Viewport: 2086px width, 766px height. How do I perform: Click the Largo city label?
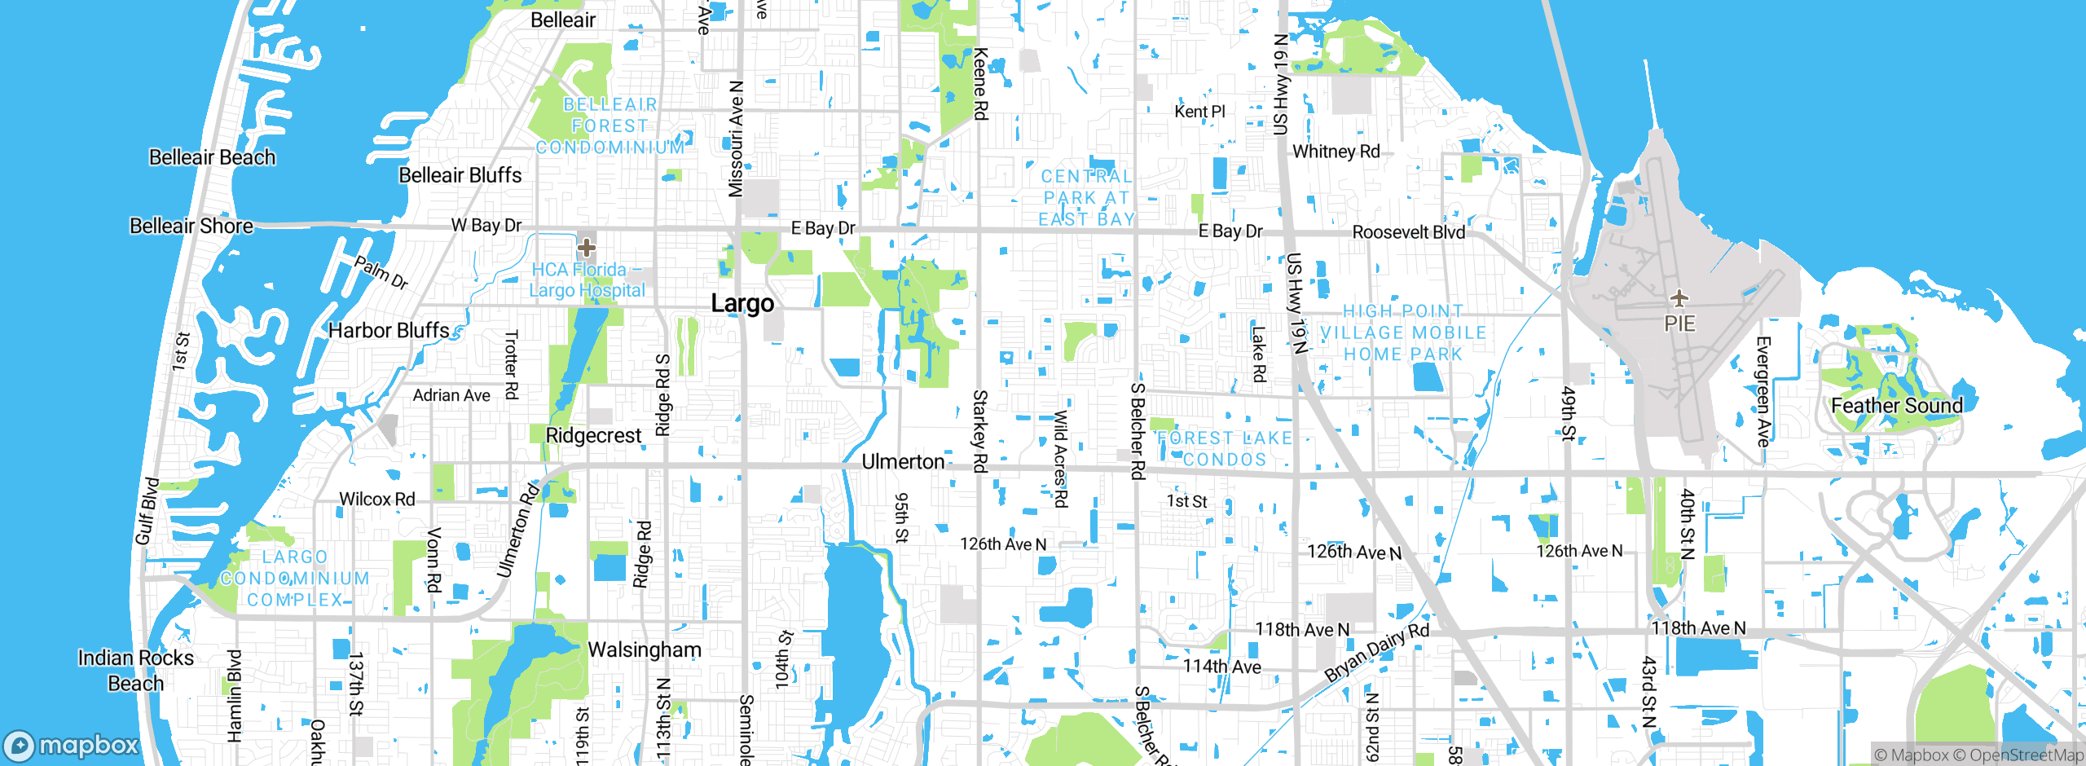click(x=742, y=304)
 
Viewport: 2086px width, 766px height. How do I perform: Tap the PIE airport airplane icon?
click(x=1679, y=298)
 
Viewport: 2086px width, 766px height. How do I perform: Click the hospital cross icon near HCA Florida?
click(x=586, y=248)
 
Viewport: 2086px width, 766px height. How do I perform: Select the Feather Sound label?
click(x=1896, y=406)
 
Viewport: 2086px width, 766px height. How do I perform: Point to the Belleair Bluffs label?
click(x=460, y=175)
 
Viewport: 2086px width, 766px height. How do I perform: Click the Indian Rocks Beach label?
click(x=136, y=671)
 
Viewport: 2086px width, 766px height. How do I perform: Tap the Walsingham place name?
click(x=644, y=649)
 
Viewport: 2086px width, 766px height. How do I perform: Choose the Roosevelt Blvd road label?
click(x=1408, y=232)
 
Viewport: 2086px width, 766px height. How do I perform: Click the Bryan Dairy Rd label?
click(x=1376, y=653)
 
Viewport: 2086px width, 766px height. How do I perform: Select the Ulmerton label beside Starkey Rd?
click(x=903, y=462)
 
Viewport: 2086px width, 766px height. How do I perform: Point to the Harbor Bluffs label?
click(x=389, y=331)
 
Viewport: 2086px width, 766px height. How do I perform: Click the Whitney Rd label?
click(x=1336, y=152)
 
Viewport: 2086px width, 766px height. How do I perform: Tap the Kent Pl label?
click(x=1199, y=112)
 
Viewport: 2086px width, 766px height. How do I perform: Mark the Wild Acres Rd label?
click(x=1060, y=459)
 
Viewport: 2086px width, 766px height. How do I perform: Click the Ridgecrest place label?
click(x=593, y=436)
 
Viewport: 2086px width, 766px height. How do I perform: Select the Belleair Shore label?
click(x=191, y=226)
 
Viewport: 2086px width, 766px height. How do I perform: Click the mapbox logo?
click(x=72, y=745)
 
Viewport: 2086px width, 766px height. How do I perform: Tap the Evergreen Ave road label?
click(x=1763, y=391)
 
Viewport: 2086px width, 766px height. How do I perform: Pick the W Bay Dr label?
click(x=486, y=225)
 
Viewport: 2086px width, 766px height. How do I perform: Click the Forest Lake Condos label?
click(x=1224, y=449)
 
